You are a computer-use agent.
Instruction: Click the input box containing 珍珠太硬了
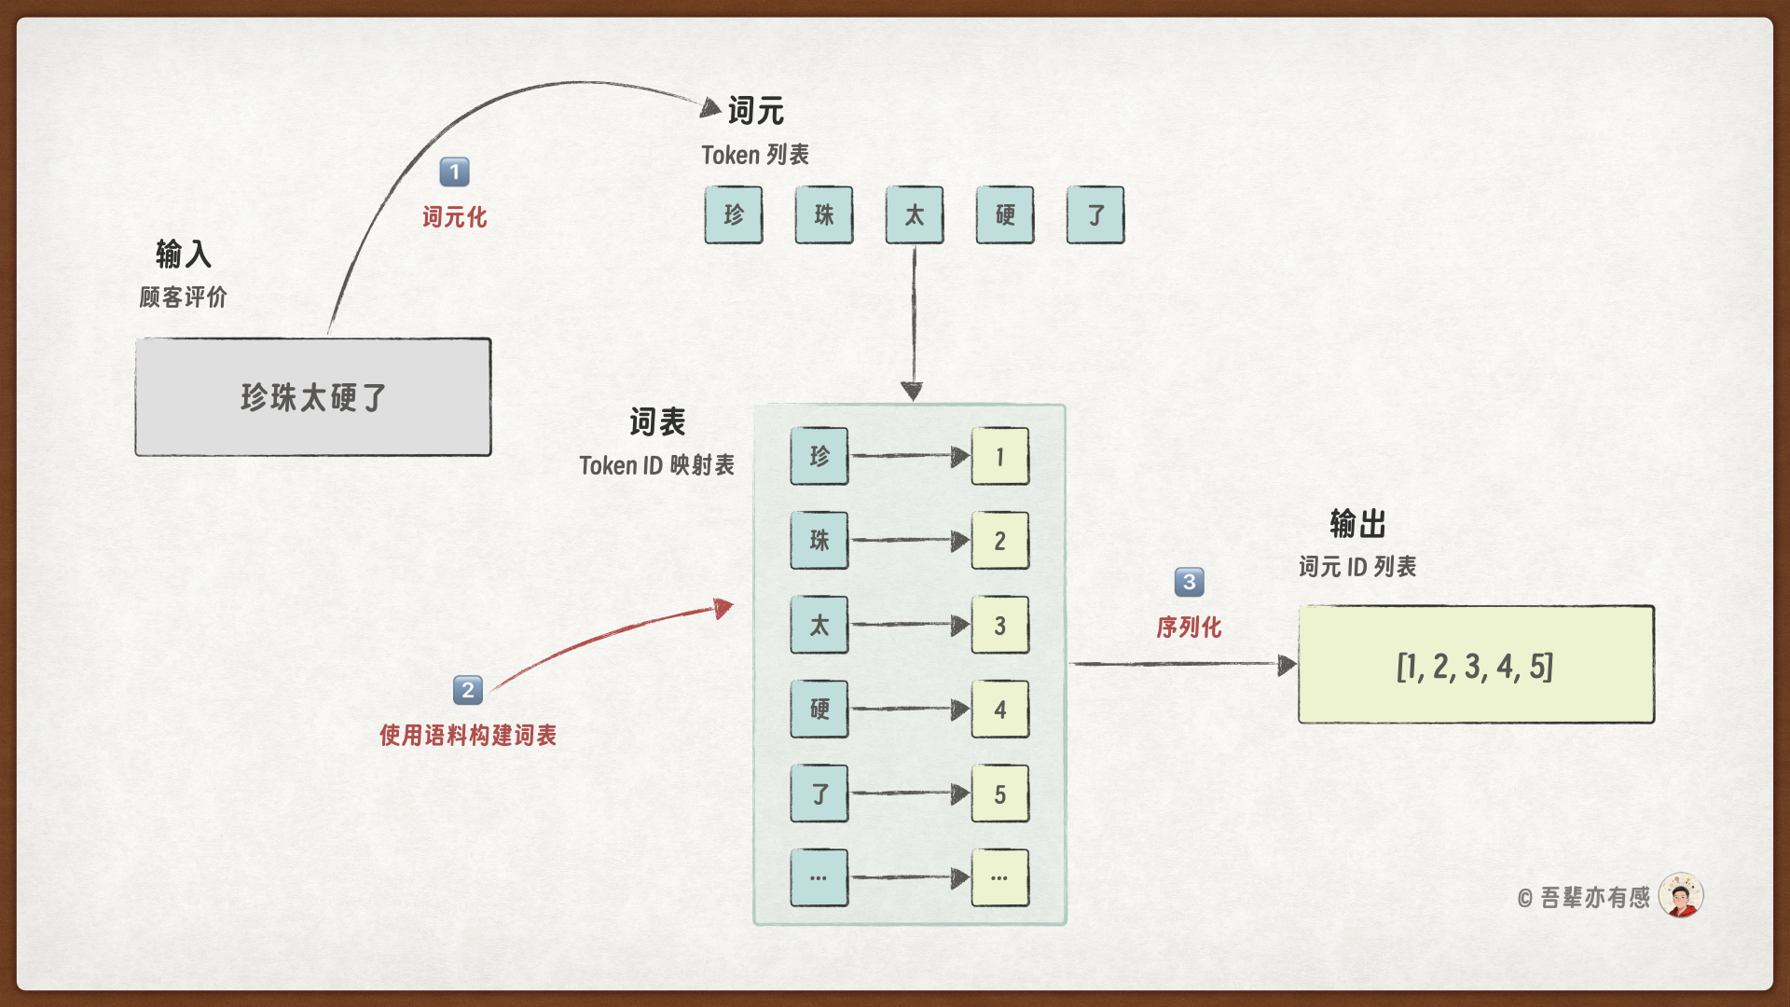coord(313,397)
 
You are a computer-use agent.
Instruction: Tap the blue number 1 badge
coord(454,172)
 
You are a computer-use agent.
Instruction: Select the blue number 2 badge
coord(467,690)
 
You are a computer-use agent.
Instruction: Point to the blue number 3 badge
coord(1189,582)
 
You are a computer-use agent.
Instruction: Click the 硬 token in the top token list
coord(1005,215)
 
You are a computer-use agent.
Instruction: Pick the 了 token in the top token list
coord(1095,215)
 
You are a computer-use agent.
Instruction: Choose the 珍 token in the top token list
coord(734,215)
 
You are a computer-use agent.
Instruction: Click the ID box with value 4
coord(1000,710)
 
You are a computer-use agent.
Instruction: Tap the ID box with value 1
coord(1000,457)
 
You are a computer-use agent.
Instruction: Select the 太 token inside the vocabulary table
coord(819,625)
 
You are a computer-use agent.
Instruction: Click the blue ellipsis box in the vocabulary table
coord(819,877)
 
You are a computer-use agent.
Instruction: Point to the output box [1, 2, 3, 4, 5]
coord(1476,665)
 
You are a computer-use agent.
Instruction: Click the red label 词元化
coord(454,217)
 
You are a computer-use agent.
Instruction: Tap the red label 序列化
coord(1189,628)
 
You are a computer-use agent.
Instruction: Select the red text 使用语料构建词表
coord(467,736)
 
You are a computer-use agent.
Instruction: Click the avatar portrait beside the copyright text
coord(1681,896)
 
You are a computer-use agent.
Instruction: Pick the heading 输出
coord(1357,524)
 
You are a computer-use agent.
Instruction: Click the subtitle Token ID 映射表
coord(656,465)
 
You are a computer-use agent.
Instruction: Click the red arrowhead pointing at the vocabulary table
coord(723,609)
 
